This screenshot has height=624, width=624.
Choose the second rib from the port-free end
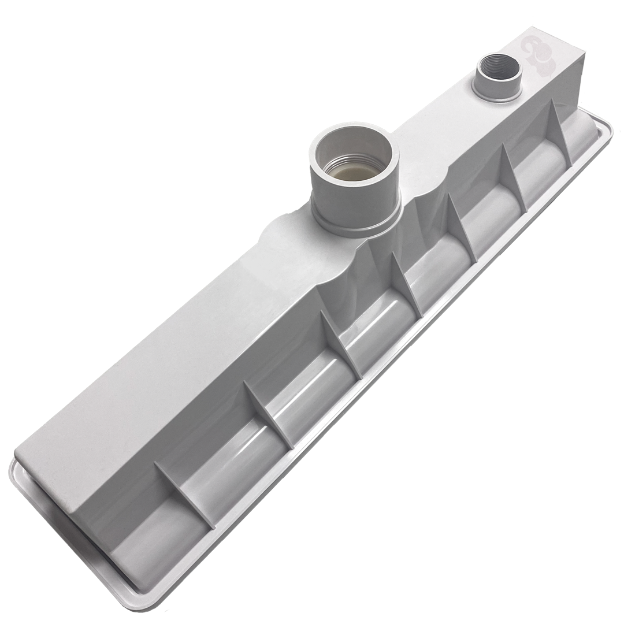tap(269, 413)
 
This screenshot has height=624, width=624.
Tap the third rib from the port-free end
tap(340, 343)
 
